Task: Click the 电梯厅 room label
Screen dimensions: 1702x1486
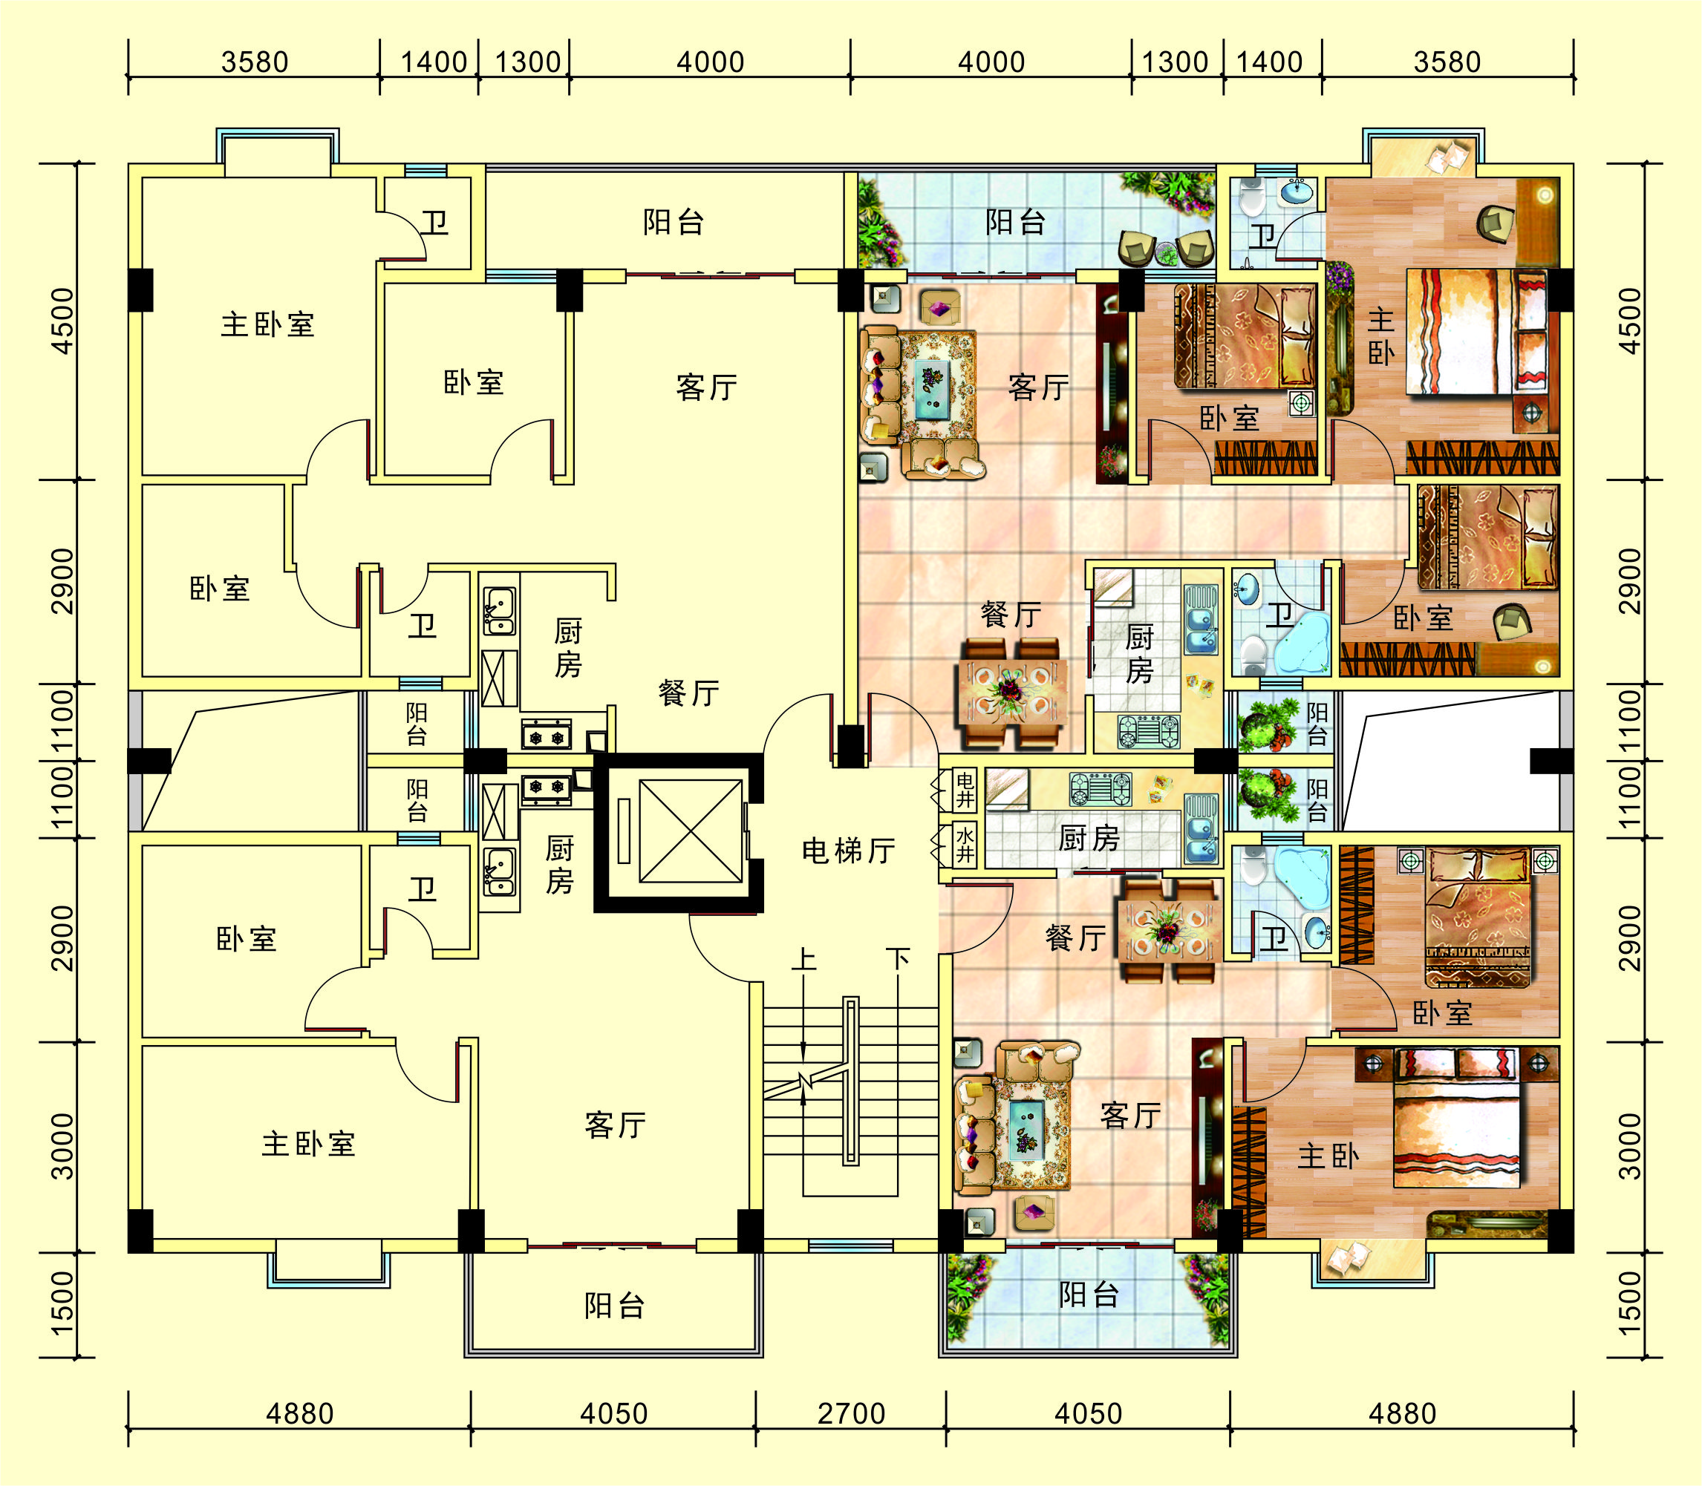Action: [848, 851]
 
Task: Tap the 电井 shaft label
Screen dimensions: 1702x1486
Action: [965, 791]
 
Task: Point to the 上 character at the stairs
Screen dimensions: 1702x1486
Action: [803, 960]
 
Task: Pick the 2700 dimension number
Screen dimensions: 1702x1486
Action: [851, 1413]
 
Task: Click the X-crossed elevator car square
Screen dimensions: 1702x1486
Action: [690, 832]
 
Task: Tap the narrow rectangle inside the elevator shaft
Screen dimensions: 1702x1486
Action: [624, 832]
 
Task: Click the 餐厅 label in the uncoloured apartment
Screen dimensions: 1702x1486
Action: [688, 693]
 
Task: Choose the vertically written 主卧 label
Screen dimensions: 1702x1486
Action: [1380, 337]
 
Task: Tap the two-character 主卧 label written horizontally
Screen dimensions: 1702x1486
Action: [1328, 1156]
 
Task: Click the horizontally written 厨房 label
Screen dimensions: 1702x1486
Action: [1089, 839]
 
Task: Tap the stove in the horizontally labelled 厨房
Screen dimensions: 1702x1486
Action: [1100, 788]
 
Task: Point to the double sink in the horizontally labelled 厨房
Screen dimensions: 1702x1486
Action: [1201, 828]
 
